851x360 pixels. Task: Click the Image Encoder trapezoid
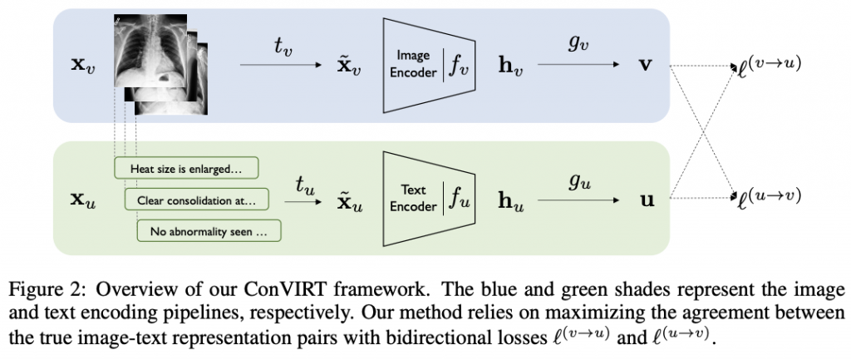tap(428, 66)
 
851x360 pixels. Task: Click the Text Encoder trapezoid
tap(428, 198)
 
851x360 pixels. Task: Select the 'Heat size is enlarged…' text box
tap(186, 169)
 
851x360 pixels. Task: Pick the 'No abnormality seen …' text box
tap(209, 230)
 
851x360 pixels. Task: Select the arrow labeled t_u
tap(309, 200)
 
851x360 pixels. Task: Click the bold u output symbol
tap(644, 200)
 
